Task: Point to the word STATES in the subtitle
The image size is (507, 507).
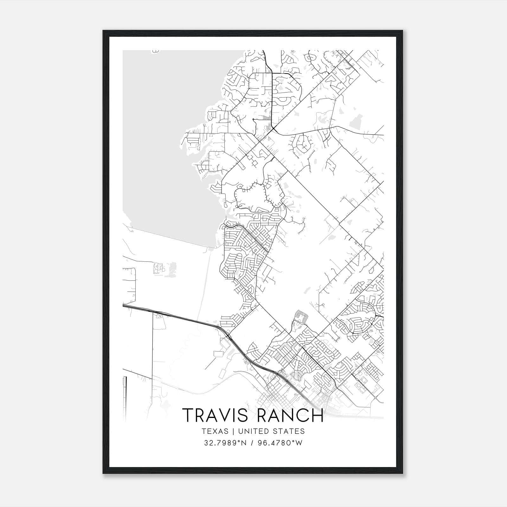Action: pos(289,431)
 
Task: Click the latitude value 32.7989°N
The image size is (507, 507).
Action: pos(225,443)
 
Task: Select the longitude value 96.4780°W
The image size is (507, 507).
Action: pos(279,443)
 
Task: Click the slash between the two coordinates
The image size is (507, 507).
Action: pos(252,443)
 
